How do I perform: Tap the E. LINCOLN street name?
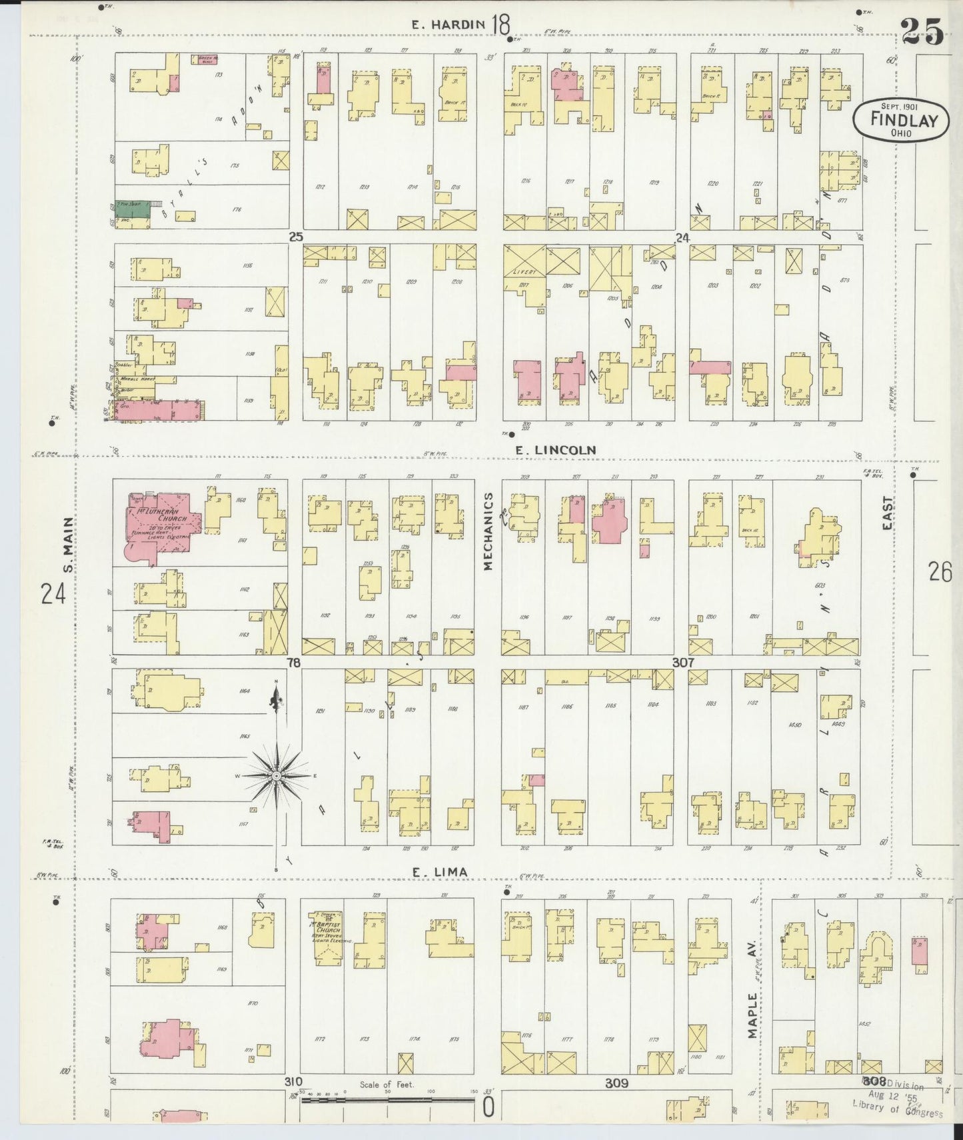pyautogui.click(x=555, y=451)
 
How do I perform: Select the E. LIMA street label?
pyautogui.click(x=439, y=872)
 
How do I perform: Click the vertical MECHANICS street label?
pyautogui.click(x=488, y=531)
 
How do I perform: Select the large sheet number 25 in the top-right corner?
pyautogui.click(x=922, y=31)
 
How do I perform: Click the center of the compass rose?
pyautogui.click(x=276, y=776)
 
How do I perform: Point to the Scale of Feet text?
pyautogui.click(x=387, y=1085)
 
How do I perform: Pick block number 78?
pyautogui.click(x=293, y=663)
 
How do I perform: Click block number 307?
pyautogui.click(x=683, y=663)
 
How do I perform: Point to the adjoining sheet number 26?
pyautogui.click(x=940, y=572)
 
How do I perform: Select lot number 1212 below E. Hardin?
pyautogui.click(x=321, y=187)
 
